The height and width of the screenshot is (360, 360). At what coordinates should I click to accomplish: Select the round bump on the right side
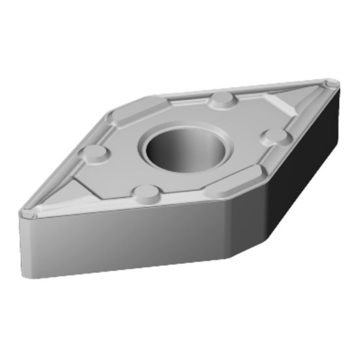tap(274, 135)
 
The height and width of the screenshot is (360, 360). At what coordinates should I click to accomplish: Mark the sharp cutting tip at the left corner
tap(24, 213)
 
